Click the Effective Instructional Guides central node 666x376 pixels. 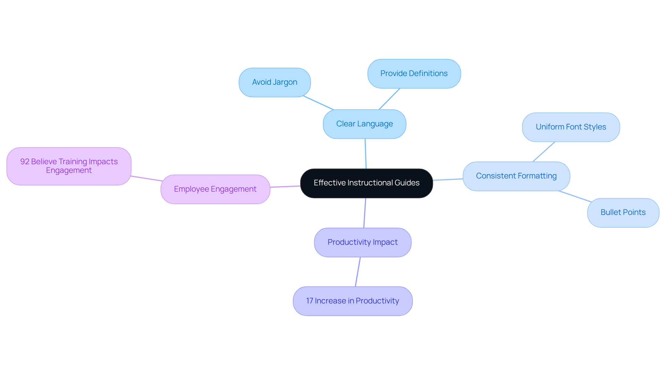pos(366,183)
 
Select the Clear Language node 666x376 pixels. pos(364,124)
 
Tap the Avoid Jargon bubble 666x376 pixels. pos(274,82)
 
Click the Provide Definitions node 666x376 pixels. pos(414,74)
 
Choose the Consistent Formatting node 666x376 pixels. pos(516,176)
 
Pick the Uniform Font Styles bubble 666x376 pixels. pos(571,127)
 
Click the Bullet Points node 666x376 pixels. pos(623,212)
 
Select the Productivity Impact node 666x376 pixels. pos(362,242)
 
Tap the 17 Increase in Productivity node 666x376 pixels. pos(352,301)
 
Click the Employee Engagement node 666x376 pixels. pos(215,189)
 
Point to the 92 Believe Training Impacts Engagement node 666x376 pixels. pos(69,166)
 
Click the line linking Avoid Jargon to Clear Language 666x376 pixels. pos(318,103)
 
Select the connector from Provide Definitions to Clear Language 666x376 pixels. pos(389,99)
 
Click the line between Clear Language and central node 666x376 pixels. pos(366,154)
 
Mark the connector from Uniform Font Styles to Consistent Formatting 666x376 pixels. pos(544,152)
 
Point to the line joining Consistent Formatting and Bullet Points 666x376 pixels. pos(575,196)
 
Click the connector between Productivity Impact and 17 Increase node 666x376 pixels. pos(358,272)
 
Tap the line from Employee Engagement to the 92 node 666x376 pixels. pos(146,178)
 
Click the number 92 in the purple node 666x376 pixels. pos(25,162)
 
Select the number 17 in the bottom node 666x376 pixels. pos(309,301)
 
